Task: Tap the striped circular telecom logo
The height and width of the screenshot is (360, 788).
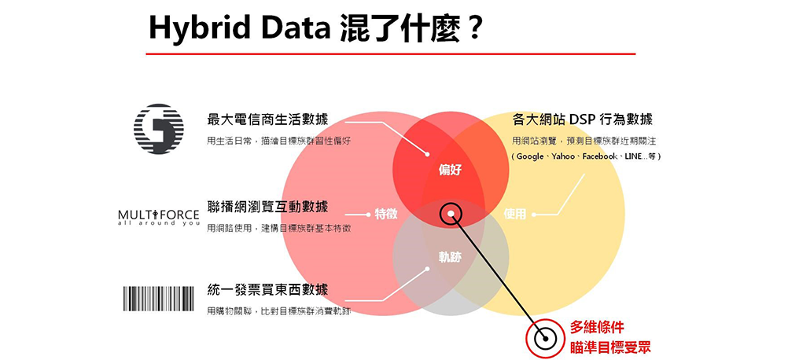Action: pyautogui.click(x=158, y=129)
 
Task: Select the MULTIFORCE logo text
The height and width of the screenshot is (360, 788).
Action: pyautogui.click(x=158, y=217)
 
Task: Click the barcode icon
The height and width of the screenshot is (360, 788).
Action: pyautogui.click(x=158, y=298)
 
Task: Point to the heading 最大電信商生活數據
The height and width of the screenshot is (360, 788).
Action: pyautogui.click(x=267, y=119)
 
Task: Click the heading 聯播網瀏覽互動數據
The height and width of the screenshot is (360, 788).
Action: pyautogui.click(x=267, y=206)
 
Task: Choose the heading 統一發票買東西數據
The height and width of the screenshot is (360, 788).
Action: pyautogui.click(x=267, y=289)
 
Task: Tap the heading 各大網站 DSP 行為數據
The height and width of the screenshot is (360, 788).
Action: pyautogui.click(x=582, y=119)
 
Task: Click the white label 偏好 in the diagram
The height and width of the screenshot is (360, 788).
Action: pyautogui.click(x=450, y=170)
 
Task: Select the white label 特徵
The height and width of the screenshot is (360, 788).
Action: pyautogui.click(x=386, y=214)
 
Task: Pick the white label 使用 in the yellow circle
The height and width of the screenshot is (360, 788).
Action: pyautogui.click(x=514, y=214)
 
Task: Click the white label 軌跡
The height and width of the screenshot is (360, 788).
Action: pyautogui.click(x=450, y=257)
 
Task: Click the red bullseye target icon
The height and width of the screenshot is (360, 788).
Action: pyautogui.click(x=544, y=339)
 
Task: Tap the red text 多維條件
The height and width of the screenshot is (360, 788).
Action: pyautogui.click(x=597, y=327)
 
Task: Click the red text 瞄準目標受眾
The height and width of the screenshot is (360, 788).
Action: pyautogui.click(x=610, y=347)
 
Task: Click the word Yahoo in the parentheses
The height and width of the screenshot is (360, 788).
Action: pyautogui.click(x=563, y=156)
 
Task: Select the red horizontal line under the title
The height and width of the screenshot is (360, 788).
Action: pyautogui.click(x=391, y=53)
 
